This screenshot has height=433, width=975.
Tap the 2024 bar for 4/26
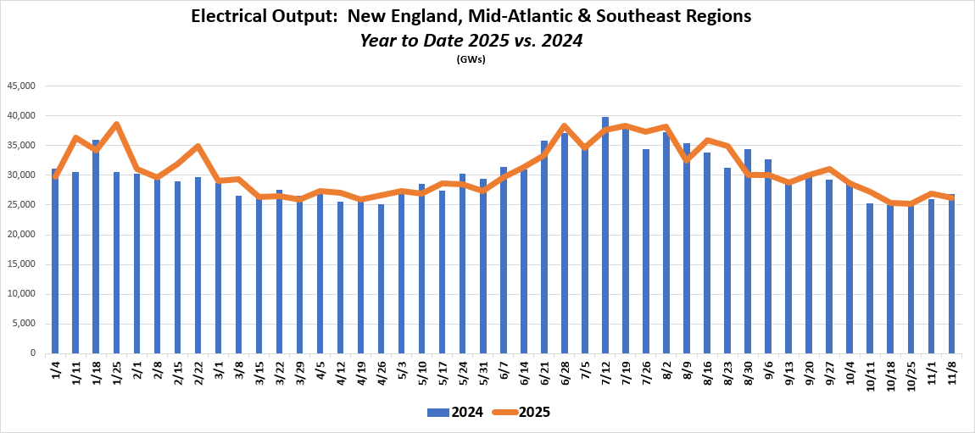coord(381,280)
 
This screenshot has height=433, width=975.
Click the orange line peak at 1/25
coord(116,125)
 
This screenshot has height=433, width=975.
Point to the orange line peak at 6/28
coord(565,126)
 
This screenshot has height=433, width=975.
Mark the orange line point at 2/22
coord(198,147)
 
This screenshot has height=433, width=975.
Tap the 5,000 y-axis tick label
coord(25,324)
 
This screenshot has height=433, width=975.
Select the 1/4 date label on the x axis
coord(55,372)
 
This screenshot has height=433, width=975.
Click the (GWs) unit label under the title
coord(471,59)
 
